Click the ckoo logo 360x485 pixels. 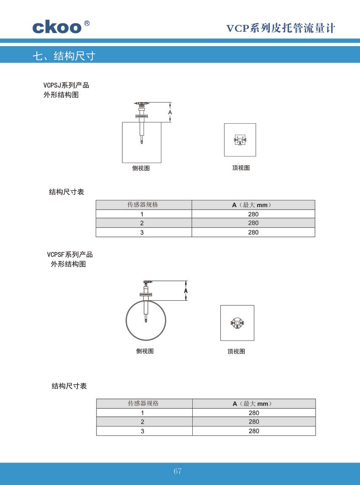point(61,27)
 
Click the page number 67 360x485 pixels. point(177,471)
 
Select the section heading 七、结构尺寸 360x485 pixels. point(64,56)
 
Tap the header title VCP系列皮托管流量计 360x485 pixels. point(281,28)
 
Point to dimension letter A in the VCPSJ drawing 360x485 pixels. point(170,113)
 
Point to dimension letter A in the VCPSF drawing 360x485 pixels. point(186,291)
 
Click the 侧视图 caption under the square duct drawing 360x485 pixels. point(141,168)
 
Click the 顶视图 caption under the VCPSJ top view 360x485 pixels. point(241,168)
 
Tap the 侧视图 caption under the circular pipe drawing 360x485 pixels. point(145,351)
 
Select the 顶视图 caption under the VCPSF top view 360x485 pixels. point(236,352)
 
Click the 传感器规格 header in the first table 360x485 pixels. point(143,205)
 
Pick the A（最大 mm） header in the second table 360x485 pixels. point(252,404)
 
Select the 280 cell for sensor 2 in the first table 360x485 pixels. point(253,223)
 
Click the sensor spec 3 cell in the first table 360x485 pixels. point(142,232)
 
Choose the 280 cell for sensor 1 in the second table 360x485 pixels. point(254,413)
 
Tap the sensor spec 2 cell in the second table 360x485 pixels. point(143,421)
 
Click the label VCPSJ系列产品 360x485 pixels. point(66,86)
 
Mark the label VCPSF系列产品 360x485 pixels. point(70,255)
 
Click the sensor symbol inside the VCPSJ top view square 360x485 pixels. point(240,140)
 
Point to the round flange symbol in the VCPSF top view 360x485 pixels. point(237,323)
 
